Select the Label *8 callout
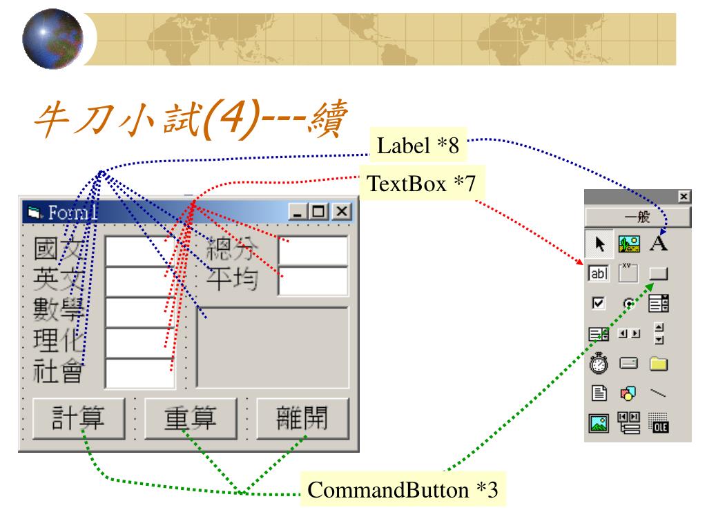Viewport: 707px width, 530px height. [x=417, y=146]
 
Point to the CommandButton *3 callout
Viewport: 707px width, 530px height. [x=404, y=491]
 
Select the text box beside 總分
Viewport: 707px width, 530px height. [x=313, y=251]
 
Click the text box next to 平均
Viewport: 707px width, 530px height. [x=313, y=281]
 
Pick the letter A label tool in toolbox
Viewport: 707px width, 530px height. [x=659, y=244]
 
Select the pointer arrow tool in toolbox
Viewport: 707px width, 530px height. [x=597, y=244]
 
